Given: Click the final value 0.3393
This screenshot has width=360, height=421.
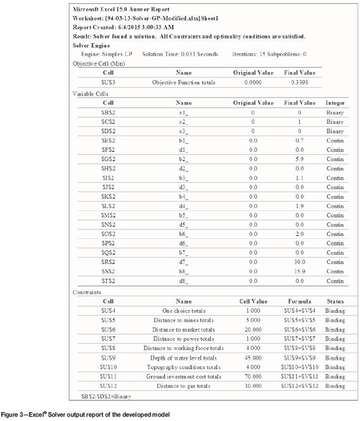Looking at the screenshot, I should tap(300, 83).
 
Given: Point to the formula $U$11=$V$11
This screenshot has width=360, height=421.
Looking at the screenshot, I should tap(300, 377).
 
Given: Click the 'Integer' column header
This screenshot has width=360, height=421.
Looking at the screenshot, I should tap(335, 103).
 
